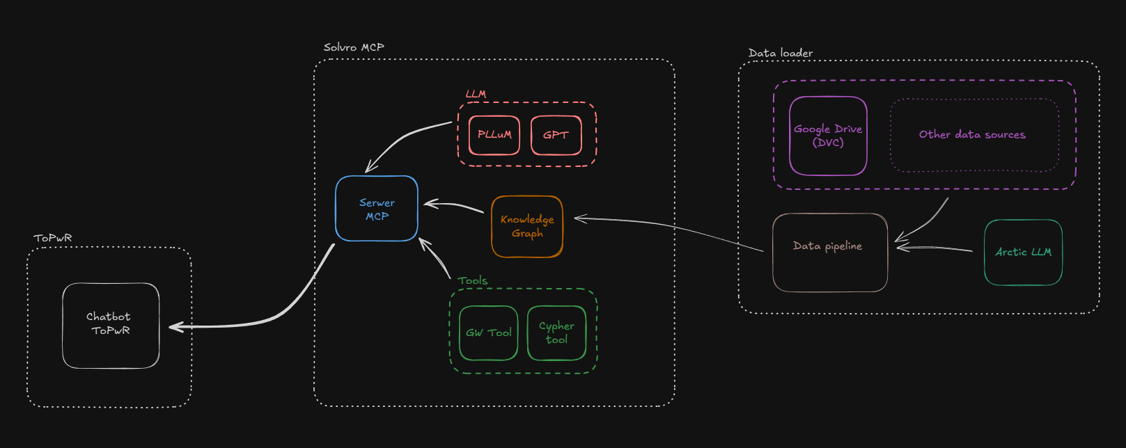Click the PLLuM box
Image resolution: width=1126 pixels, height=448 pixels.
point(494,135)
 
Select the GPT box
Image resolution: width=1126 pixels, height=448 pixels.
point(556,135)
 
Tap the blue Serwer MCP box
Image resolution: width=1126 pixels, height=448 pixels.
point(377,209)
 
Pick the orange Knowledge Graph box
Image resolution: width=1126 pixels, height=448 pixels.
point(527,226)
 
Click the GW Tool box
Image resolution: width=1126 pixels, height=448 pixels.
point(488,333)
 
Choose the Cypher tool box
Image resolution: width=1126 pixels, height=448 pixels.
point(556,333)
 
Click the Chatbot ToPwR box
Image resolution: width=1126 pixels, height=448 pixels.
point(111,325)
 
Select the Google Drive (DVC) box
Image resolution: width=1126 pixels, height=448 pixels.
point(828,136)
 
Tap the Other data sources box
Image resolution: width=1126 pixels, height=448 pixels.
point(973,135)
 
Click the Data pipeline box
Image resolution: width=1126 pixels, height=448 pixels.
point(829,252)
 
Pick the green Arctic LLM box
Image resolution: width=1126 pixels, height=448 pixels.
point(1023,252)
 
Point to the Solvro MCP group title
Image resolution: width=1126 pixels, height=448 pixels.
point(354,47)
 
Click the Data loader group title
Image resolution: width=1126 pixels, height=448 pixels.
point(780,53)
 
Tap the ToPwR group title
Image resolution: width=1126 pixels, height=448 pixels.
point(53,238)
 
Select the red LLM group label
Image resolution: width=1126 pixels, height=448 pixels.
point(476,94)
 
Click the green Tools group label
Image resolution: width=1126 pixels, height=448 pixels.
point(472,281)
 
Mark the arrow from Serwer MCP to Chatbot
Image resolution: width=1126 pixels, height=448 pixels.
point(279,317)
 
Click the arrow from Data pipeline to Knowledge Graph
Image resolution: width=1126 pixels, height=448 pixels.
point(668,227)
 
